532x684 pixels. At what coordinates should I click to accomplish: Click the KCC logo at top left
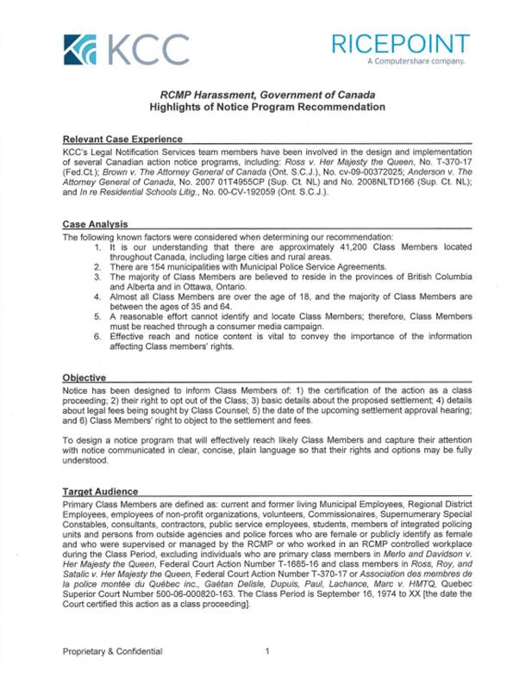tap(126, 49)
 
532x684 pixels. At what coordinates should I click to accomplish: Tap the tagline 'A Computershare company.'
tap(416, 62)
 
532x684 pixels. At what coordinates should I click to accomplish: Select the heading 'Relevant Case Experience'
tap(122, 139)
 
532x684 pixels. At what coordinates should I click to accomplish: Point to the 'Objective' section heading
tap(84, 377)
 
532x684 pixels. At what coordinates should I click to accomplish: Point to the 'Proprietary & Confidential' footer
tap(112, 651)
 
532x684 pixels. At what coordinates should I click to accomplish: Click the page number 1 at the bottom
tap(268, 651)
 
